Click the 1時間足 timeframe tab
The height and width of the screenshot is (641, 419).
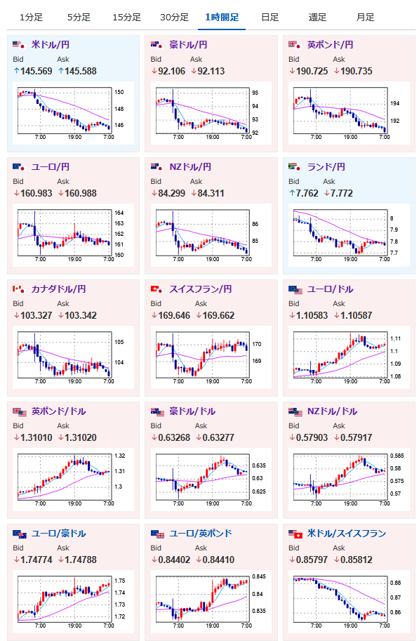222,17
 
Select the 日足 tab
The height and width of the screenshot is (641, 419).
270,17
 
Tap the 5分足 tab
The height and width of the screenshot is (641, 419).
79,17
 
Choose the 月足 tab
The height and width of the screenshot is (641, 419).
365,17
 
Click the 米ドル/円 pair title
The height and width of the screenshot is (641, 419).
51,44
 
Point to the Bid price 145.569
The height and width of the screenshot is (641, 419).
36,71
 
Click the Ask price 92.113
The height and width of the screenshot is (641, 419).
211,71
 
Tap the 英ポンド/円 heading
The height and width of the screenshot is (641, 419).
331,44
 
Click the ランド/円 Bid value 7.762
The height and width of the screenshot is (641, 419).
307,193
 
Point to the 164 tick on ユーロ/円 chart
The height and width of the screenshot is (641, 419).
119,213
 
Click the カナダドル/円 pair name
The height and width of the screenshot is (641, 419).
59,289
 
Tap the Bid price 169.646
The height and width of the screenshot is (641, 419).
174,316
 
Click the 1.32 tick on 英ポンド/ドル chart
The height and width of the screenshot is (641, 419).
120,456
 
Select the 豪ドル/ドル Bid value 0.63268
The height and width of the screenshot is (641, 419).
174,438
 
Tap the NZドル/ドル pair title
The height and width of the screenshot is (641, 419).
333,411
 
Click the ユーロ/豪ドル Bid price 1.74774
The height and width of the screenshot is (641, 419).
36,560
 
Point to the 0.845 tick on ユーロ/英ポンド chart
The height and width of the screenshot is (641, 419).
259,576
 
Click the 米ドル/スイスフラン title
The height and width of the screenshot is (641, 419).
347,534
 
